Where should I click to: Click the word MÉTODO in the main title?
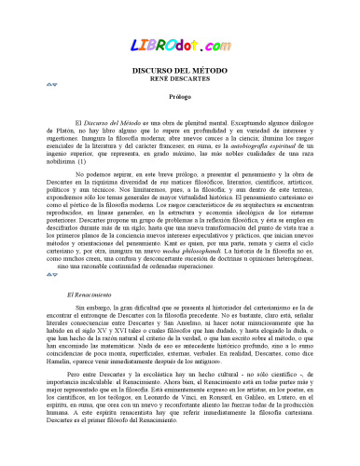(211, 70)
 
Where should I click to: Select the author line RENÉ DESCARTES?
(180, 78)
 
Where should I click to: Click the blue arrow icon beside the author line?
(52, 85)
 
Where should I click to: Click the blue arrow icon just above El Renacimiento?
(52, 277)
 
